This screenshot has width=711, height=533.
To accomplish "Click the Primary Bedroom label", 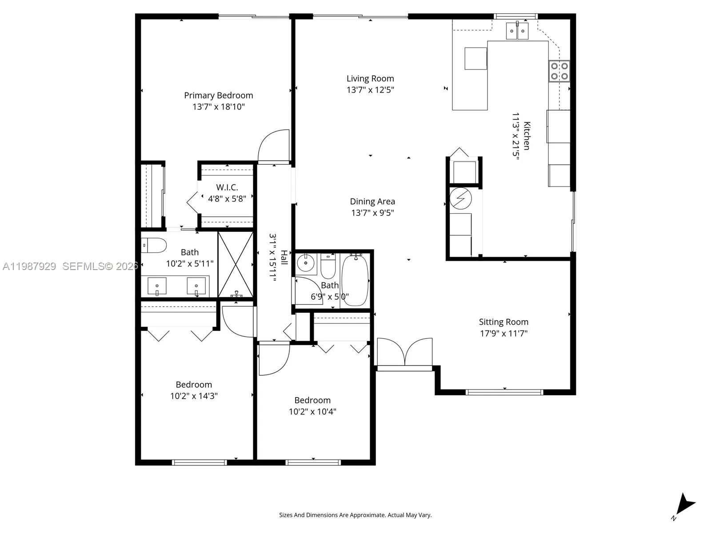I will click(218, 95).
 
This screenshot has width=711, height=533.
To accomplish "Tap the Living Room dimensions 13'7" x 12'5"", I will click(370, 90).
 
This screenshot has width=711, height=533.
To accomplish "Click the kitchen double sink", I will click(517, 31).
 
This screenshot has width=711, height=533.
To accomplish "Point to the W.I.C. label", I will click(227, 187).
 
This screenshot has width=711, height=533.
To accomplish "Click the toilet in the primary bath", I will click(154, 245).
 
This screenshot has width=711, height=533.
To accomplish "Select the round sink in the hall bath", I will click(306, 263).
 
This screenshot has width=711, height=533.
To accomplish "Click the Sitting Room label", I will click(503, 322).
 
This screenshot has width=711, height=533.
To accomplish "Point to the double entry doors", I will click(404, 353).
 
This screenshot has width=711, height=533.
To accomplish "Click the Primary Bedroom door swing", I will click(274, 147).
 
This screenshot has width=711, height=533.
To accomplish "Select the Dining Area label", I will click(372, 202).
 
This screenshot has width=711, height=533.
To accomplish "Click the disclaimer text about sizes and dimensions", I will click(355, 515).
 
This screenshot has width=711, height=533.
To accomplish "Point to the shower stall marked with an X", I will click(236, 264).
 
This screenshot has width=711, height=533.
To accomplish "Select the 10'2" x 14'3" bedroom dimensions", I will click(194, 396).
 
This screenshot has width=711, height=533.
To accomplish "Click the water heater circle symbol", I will click(460, 199).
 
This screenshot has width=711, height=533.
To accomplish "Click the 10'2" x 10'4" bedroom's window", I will click(313, 462).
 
